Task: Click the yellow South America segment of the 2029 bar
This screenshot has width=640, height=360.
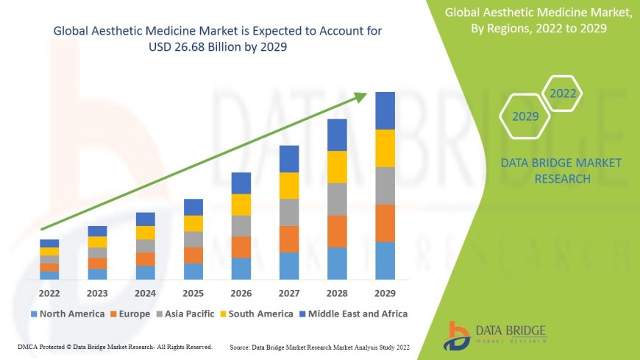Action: [x=385, y=148]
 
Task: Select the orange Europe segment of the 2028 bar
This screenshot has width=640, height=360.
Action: [x=337, y=231]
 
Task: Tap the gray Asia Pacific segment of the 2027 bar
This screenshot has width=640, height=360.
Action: [x=289, y=212]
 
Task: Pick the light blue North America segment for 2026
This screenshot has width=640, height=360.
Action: [x=241, y=268]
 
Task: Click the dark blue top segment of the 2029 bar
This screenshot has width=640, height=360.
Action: [x=385, y=110]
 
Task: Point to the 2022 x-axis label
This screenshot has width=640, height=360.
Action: [x=49, y=293]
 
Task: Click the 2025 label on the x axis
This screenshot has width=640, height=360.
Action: [x=193, y=293]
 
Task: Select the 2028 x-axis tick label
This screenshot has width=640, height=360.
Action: [x=337, y=293]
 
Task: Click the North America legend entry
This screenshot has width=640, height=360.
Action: [x=67, y=314]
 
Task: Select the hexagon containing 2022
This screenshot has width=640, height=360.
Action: [x=563, y=93]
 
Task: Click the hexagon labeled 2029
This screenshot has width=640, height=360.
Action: [x=525, y=116]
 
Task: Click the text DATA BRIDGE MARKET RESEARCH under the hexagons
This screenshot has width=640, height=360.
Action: [x=561, y=171]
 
